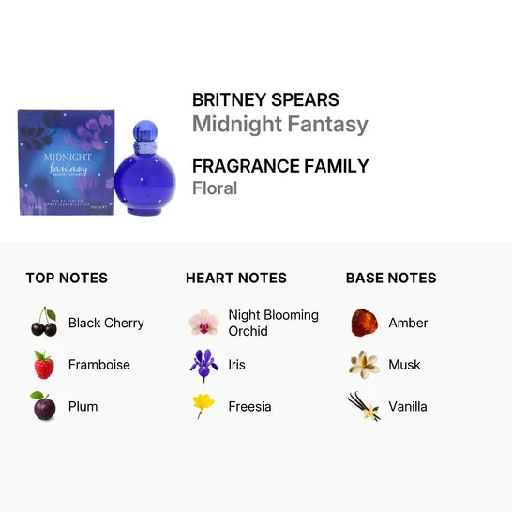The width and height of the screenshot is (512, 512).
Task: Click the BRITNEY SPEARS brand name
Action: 265,100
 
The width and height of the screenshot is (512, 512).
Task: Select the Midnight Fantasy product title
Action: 279,125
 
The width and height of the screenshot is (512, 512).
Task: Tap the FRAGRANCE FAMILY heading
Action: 280,166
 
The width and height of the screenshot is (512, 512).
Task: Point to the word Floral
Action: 215,188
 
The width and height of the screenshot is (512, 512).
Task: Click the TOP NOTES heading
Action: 67,278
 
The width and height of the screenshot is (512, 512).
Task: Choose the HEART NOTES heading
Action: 235,278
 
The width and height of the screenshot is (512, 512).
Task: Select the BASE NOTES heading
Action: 391,278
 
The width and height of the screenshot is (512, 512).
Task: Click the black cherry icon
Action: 44,323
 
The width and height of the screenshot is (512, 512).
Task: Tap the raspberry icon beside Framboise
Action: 44,365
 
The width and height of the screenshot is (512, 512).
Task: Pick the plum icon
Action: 43,406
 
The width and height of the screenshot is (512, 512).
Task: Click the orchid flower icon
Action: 203,323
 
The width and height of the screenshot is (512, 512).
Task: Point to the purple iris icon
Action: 203,365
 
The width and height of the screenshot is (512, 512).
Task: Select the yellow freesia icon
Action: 203,405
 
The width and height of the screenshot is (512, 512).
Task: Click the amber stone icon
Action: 364,323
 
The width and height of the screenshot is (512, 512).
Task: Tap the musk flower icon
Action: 364,365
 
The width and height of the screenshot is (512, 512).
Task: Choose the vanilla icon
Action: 364,406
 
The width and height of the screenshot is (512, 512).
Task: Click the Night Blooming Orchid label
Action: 273,323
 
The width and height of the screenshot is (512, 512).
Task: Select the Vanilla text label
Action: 408,407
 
